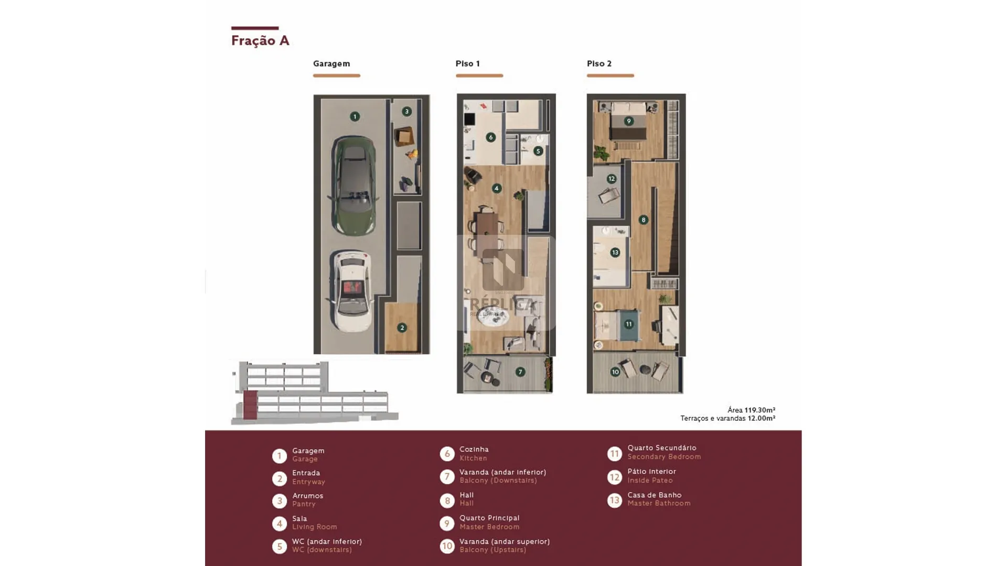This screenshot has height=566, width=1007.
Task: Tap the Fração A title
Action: [x=260, y=40]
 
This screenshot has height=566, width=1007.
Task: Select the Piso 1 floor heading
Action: [x=467, y=63]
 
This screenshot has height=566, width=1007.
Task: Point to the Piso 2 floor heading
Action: [x=599, y=63]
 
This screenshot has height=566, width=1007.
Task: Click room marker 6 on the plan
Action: [x=490, y=137]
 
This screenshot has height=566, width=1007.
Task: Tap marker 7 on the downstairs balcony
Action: [x=520, y=372]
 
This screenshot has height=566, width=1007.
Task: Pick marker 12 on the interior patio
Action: [x=612, y=179]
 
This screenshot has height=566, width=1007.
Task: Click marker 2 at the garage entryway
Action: [x=402, y=328]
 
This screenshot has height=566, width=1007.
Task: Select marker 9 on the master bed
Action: [x=629, y=121]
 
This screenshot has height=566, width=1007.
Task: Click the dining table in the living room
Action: [x=486, y=230]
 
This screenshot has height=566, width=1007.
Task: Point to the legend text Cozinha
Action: [x=474, y=449]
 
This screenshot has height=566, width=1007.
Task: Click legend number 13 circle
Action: [x=614, y=500]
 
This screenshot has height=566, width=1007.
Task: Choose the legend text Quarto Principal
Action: [x=489, y=518]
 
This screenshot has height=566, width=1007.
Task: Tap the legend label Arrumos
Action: [x=307, y=495]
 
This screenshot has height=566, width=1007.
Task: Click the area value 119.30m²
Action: [x=760, y=410]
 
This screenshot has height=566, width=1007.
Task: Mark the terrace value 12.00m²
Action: [x=762, y=418]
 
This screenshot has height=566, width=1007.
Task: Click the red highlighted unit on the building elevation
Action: [x=250, y=405]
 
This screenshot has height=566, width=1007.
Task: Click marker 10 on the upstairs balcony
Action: [x=615, y=372]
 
